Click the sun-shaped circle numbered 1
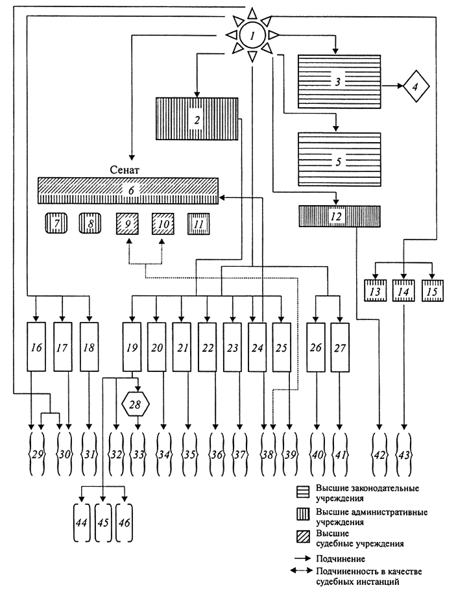pyautogui.click(x=252, y=36)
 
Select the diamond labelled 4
pyautogui.click(x=416, y=86)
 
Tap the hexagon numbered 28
pyautogui.click(x=136, y=404)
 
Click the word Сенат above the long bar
pyautogui.click(x=125, y=170)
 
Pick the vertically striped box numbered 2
pyautogui.click(x=197, y=119)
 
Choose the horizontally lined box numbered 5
pyautogui.click(x=339, y=160)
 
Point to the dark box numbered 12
pyautogui.click(x=339, y=216)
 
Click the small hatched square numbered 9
pyautogui.click(x=127, y=224)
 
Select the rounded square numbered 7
pyautogui.click(x=56, y=223)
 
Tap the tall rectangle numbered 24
pyautogui.click(x=257, y=347)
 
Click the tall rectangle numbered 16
pyautogui.click(x=36, y=347)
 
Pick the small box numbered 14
pyautogui.click(x=403, y=291)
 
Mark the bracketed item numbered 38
pyautogui.click(x=268, y=454)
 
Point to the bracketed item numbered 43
pyautogui.click(x=403, y=454)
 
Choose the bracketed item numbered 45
pyautogui.click(x=103, y=522)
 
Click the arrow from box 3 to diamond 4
pyautogui.click(x=392, y=86)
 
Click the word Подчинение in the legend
pyautogui.click(x=340, y=559)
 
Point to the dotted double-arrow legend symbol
pyautogui.click(x=301, y=571)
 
